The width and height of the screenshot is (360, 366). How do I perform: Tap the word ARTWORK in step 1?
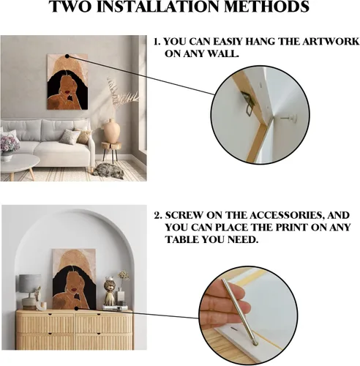pos(331,42)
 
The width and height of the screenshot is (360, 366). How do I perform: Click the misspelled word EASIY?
pos(228,42)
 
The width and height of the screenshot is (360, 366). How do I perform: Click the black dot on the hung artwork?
pos(67,56)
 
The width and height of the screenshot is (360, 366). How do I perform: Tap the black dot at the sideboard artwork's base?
pos(76,309)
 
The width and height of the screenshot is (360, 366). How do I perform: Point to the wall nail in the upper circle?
pos(290,119)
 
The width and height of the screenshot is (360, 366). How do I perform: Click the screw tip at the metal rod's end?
pos(255,343)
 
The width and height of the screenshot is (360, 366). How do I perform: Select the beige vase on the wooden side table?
pos(112,131)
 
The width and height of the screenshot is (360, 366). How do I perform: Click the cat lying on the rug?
pos(108,171)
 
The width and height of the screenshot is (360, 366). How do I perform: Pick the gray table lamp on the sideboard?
pos(29,291)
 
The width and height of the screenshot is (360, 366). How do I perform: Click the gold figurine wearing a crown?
pos(110,291)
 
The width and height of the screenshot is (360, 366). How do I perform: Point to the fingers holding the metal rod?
pos(225,305)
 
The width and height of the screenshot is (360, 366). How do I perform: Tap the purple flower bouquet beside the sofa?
pos(10,144)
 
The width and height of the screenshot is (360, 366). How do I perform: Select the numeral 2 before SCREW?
pos(158,216)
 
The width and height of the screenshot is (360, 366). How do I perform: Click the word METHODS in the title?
pos(266,7)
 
